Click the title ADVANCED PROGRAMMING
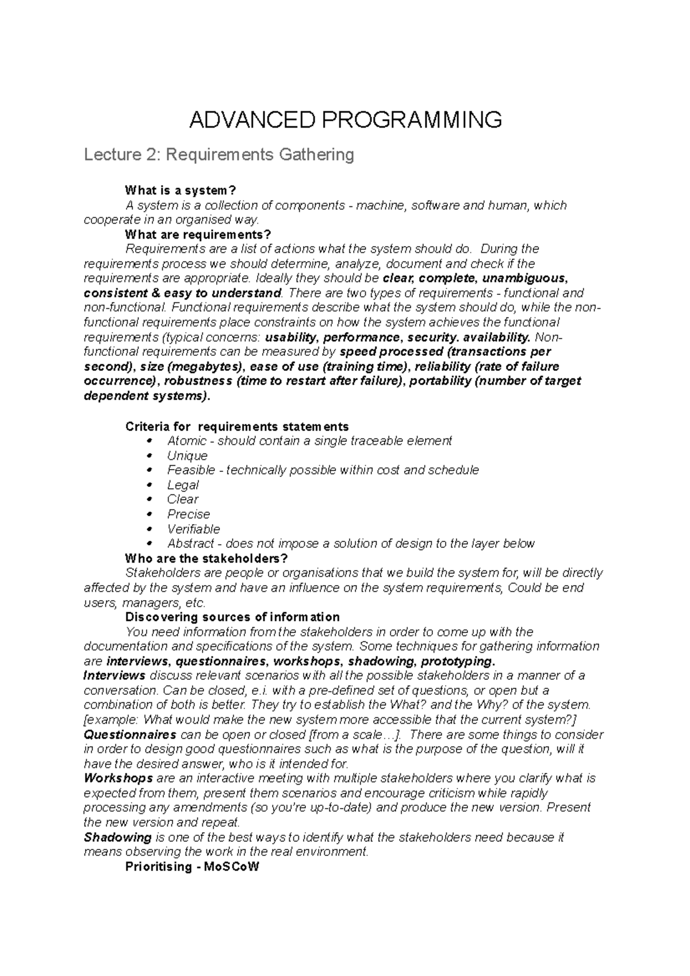(x=345, y=120)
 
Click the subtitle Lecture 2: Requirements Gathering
(x=218, y=155)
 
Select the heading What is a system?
(x=181, y=190)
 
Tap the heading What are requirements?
(x=197, y=235)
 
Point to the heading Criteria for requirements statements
(x=237, y=426)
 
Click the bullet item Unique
(x=187, y=456)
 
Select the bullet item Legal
(x=183, y=485)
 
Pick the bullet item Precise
(x=189, y=514)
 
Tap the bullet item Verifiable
(x=193, y=529)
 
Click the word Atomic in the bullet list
(x=186, y=441)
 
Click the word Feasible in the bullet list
(x=191, y=470)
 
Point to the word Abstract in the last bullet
(x=190, y=544)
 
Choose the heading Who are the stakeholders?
(x=206, y=559)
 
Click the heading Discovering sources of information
(x=232, y=617)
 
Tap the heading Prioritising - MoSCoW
(x=192, y=867)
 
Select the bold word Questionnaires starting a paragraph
(x=130, y=735)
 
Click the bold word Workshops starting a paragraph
(x=118, y=778)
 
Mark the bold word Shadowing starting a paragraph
(x=117, y=837)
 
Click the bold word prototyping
(x=458, y=661)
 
